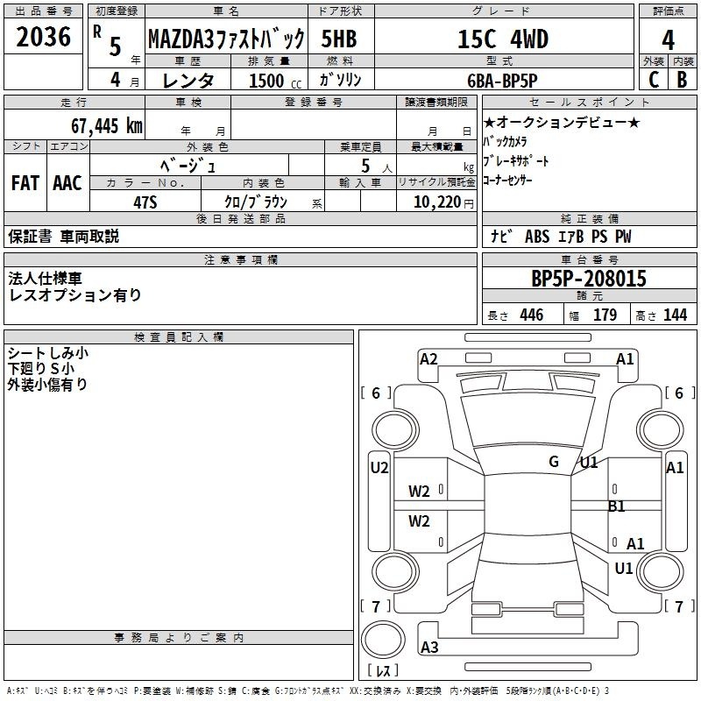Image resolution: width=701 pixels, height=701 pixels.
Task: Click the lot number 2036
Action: pos(43,37)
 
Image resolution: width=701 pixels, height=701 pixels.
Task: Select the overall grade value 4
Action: pos(668,39)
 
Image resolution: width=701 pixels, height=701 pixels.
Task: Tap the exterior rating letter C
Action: pos(654,80)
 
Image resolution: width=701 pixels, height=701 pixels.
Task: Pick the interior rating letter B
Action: pos(682,80)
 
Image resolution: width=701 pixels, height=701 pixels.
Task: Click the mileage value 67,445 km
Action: pos(107,126)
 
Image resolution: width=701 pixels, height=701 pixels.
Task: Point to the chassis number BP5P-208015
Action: pos(589,279)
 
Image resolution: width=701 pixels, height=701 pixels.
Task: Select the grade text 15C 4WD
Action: pos(503,39)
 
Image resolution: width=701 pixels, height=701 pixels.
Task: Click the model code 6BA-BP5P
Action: pos(502,81)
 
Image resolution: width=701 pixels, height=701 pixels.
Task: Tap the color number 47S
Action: pos(145,202)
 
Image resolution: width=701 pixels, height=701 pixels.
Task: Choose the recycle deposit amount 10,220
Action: pos(437,202)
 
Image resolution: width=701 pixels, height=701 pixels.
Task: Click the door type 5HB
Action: pos(339,39)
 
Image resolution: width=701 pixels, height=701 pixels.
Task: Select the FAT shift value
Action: pos(25,183)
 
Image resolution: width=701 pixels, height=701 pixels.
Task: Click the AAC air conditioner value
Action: pos(67,183)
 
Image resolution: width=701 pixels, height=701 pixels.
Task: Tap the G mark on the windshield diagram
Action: pos(554,462)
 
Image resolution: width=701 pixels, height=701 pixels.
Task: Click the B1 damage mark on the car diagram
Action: pos(617,506)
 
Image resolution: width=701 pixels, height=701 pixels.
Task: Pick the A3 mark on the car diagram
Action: pos(429,647)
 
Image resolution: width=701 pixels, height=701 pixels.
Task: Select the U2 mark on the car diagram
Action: pos(379,468)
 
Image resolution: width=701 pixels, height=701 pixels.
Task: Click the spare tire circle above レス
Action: pos(383,640)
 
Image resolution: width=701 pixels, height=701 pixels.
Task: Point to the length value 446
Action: pos(532,315)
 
